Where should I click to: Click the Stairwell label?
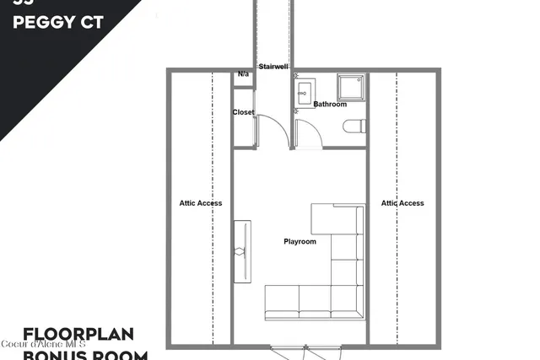coord(273,66)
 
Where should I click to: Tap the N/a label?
coord(244,74)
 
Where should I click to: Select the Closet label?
coord(244,112)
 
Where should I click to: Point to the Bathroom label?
coord(330,105)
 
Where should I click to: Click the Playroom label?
coord(300,242)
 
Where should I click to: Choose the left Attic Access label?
coord(201,203)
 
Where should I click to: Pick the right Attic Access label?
coord(402,203)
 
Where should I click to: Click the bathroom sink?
coord(305,92)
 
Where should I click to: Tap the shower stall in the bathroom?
coord(349,87)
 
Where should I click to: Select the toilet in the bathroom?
coord(354,126)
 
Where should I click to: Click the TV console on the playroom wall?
coord(242,251)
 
